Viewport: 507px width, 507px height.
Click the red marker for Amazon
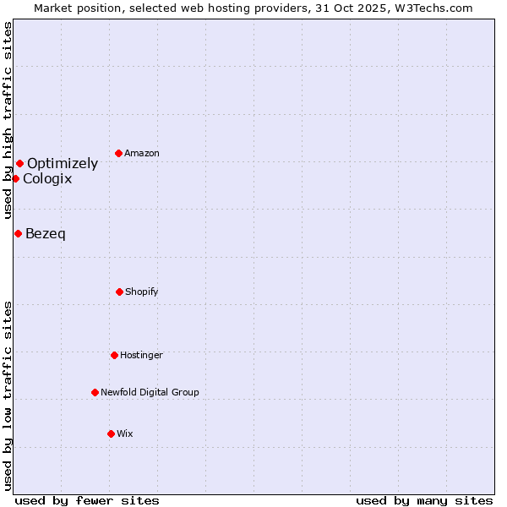119,153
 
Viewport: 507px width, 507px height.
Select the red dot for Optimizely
19,163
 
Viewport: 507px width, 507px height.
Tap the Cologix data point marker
15,178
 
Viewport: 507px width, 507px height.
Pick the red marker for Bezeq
18,233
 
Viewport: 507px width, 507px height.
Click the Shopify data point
119,292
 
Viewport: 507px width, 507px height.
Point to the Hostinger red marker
114,355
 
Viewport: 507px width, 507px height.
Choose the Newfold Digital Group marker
95,392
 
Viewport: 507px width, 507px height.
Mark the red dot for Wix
111,433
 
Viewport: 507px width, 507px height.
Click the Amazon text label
142,154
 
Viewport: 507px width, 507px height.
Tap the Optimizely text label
63,164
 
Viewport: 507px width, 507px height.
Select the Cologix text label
47,179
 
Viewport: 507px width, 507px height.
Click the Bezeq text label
46,234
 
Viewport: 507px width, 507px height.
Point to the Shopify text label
142,292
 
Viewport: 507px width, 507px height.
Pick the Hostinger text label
141,356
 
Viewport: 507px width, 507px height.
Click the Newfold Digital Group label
150,393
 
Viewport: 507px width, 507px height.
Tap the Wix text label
125,434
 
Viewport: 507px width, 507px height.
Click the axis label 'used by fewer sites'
87,501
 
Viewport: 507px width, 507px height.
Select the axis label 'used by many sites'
424,501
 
